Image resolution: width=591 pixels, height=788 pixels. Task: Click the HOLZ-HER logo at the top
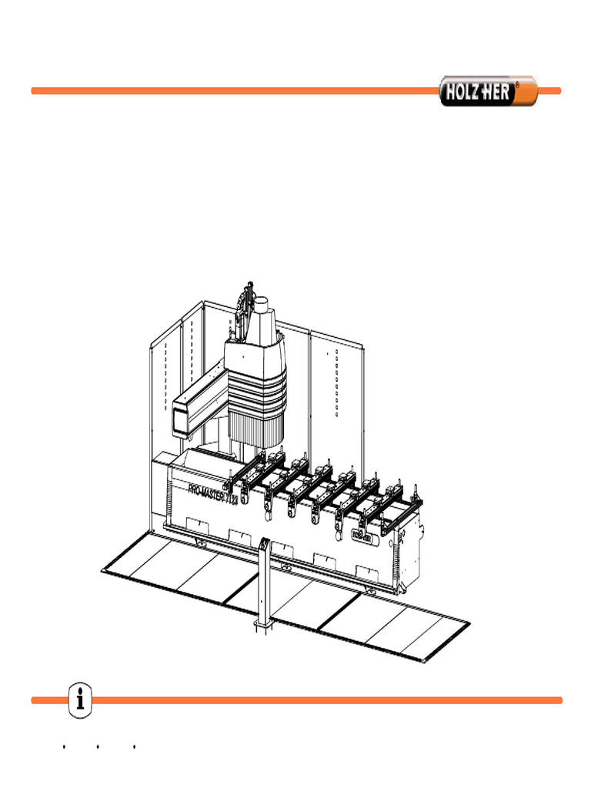tap(477, 92)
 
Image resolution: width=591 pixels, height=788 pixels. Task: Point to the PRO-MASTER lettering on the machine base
tap(217, 492)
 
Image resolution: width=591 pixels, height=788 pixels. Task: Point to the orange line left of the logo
tap(231, 91)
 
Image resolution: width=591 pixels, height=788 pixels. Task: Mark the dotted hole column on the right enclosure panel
tap(337, 385)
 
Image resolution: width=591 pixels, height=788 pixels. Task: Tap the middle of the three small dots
tap(98, 746)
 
